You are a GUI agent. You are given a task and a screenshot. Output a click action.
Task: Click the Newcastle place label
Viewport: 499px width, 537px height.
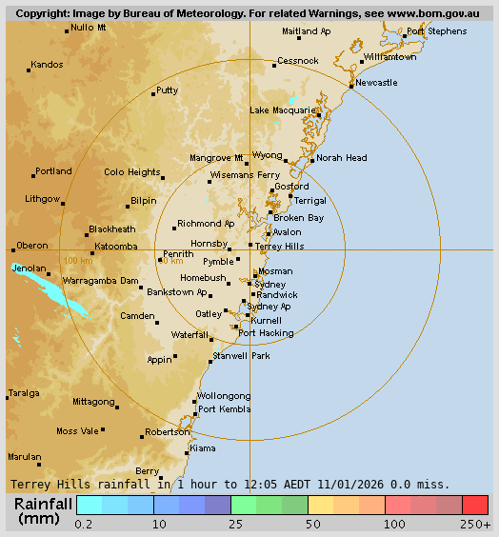point(376,83)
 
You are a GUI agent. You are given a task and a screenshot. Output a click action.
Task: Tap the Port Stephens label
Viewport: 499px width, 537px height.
point(436,31)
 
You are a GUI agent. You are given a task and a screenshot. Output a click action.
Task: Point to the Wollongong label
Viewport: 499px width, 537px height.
point(224,396)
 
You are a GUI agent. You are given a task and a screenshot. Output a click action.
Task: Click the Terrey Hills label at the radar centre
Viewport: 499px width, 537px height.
point(280,246)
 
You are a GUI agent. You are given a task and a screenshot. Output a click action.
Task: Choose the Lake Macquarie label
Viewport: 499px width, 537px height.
point(281,110)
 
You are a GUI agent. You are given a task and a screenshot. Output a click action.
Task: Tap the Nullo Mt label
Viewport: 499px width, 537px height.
point(89,27)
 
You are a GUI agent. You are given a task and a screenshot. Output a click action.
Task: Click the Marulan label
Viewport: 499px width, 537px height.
point(24,457)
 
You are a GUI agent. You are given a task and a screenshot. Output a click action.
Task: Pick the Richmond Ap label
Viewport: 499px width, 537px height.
point(206,224)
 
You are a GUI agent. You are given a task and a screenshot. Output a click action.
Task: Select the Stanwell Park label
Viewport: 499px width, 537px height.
point(242,355)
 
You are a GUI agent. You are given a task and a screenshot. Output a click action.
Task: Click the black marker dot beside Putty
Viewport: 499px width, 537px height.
point(153,93)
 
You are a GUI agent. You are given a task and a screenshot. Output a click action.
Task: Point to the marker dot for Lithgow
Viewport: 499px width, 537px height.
point(63,202)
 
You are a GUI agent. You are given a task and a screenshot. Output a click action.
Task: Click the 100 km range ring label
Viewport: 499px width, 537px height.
point(78,261)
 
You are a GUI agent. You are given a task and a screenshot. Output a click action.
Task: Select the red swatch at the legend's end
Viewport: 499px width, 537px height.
point(475,505)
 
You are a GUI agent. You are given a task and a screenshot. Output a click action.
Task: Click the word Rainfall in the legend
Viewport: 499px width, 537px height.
point(45,504)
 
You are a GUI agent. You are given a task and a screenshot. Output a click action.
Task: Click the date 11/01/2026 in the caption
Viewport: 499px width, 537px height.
point(336,484)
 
